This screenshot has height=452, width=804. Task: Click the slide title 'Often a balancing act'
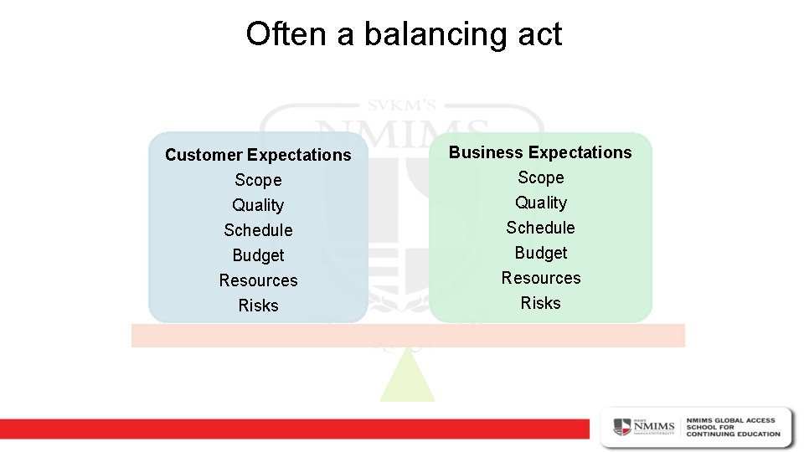pyautogui.click(x=404, y=34)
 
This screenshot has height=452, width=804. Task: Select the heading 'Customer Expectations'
pyautogui.click(x=258, y=155)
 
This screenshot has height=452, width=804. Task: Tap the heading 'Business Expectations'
pyautogui.click(x=540, y=152)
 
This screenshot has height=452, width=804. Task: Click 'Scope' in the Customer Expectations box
pyautogui.click(x=258, y=180)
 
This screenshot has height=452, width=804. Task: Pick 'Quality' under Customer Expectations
pyautogui.click(x=258, y=205)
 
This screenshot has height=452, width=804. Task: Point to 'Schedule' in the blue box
pyautogui.click(x=258, y=230)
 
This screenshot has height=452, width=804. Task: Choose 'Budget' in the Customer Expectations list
pyautogui.click(x=258, y=255)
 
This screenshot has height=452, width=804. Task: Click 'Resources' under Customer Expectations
pyautogui.click(x=258, y=280)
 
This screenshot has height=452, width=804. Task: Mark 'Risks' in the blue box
pyautogui.click(x=258, y=306)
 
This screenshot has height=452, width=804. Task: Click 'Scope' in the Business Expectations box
pyautogui.click(x=540, y=177)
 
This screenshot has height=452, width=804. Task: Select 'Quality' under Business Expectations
pyautogui.click(x=540, y=203)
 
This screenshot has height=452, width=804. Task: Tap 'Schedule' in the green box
pyautogui.click(x=540, y=228)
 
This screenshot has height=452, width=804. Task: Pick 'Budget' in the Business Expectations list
pyautogui.click(x=540, y=253)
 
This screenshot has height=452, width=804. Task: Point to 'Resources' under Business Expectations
pyautogui.click(x=540, y=278)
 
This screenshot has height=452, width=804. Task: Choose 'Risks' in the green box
pyautogui.click(x=540, y=303)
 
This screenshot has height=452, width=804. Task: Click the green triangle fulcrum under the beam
pyautogui.click(x=407, y=381)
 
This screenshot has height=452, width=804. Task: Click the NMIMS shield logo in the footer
pyautogui.click(x=623, y=426)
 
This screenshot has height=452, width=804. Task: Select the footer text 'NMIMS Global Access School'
pyautogui.click(x=733, y=426)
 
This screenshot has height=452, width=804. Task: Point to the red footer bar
pyautogui.click(x=293, y=429)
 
